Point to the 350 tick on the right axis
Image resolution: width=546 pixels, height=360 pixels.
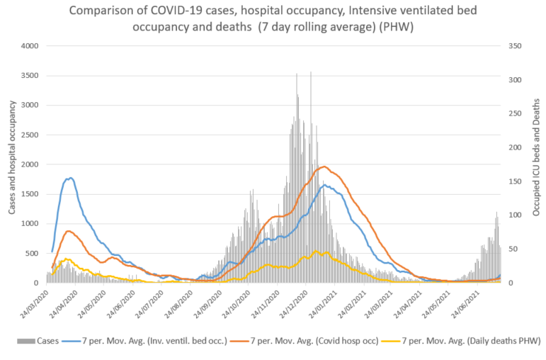point(514,45)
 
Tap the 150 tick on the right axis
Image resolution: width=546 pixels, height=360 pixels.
point(514,181)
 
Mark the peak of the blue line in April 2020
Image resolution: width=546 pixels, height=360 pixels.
point(70,178)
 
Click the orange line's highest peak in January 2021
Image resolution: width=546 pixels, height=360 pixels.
point(324,167)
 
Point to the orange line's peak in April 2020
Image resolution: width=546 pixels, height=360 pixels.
point(68,231)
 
